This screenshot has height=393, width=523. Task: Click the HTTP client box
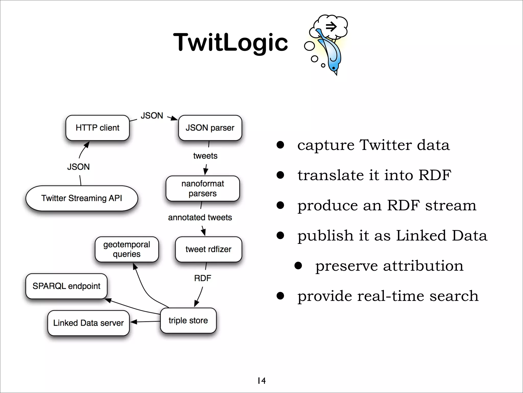point(97,128)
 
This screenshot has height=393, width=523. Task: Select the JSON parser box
point(210,128)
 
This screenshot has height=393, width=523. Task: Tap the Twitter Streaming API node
point(82,198)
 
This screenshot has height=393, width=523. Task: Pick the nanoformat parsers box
point(203,189)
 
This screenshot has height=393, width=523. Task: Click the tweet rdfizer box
point(208,249)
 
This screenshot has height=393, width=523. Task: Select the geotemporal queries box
point(127,249)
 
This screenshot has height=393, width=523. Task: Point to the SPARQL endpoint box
point(66,286)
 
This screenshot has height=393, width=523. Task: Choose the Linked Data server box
point(88,323)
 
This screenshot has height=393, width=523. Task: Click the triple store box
point(188,320)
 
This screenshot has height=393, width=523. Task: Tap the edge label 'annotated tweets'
point(200,217)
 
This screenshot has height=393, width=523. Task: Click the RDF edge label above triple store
point(203,278)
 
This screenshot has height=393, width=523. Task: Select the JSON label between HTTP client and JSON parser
point(152,116)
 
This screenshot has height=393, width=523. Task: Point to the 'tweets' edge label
point(205,156)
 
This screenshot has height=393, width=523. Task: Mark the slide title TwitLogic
point(231,42)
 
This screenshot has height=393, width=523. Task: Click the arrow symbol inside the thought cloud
point(331,26)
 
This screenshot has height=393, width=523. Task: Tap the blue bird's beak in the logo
point(336,73)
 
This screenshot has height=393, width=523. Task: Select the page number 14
point(261,381)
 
